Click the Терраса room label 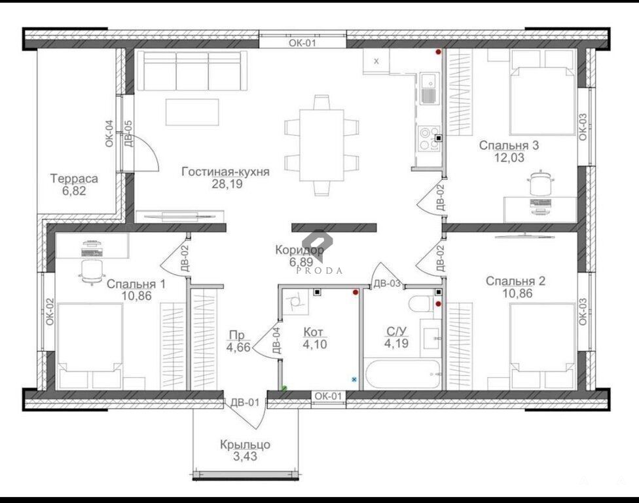[x=74, y=179]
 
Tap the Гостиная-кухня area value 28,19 [x=227, y=184]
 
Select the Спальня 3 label [x=509, y=145]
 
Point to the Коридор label [x=300, y=250]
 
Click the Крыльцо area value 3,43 [x=246, y=456]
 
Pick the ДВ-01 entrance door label [x=245, y=402]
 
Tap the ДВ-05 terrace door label [x=128, y=134]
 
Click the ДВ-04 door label [x=276, y=341]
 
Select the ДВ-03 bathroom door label [x=387, y=284]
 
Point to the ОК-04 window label [x=109, y=134]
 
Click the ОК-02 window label [x=50, y=312]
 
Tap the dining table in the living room [x=321, y=145]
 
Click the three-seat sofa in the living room [x=192, y=71]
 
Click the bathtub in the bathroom [x=402, y=374]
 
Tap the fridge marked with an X [x=376, y=61]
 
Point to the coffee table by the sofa [x=192, y=112]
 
